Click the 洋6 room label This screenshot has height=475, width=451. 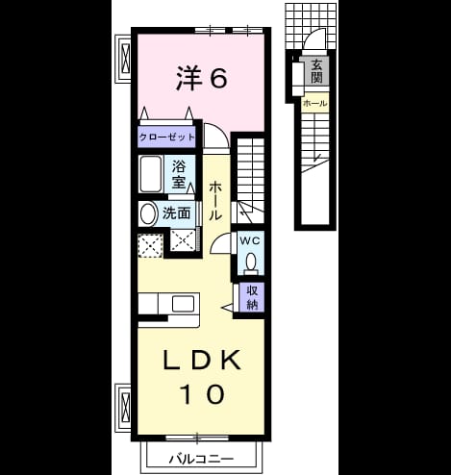202,78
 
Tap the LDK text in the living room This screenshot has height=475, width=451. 202,361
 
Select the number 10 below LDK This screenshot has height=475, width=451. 202,394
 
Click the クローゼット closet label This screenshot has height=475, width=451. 166,137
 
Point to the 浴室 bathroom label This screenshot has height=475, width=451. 179,175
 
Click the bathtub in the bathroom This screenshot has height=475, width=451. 150,174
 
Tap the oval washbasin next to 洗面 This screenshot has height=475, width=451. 148,214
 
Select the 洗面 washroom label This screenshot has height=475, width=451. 177,213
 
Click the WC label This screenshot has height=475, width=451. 250,241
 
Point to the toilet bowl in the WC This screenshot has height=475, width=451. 251,262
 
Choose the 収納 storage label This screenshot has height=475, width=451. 252,298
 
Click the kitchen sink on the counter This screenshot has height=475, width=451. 183,304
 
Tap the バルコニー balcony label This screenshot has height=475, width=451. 201,460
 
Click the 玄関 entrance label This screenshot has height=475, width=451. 316,71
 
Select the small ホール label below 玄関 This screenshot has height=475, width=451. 315,103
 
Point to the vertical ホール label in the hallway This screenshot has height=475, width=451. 215,201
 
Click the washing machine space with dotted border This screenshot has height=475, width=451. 151,246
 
